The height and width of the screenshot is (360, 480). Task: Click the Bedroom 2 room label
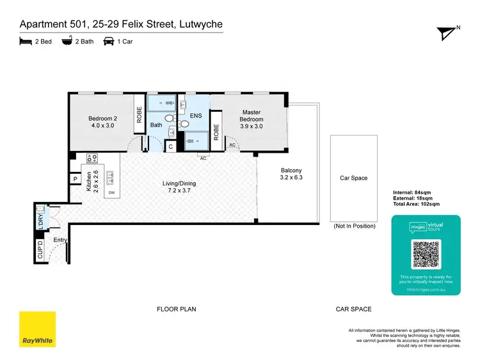coord(102,121)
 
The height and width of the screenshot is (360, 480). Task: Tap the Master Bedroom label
coord(252,115)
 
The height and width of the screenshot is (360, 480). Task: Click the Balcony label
coord(292,174)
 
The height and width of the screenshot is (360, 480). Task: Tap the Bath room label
coord(156,125)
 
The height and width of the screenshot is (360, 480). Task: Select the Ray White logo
coord(37,329)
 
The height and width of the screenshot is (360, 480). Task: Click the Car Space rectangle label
coord(354,178)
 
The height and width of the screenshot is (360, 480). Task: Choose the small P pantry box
coord(75,180)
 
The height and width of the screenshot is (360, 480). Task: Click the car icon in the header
coord(109,42)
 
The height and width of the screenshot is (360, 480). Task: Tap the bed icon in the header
coord(25,42)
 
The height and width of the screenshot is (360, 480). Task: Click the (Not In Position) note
coord(354,226)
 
